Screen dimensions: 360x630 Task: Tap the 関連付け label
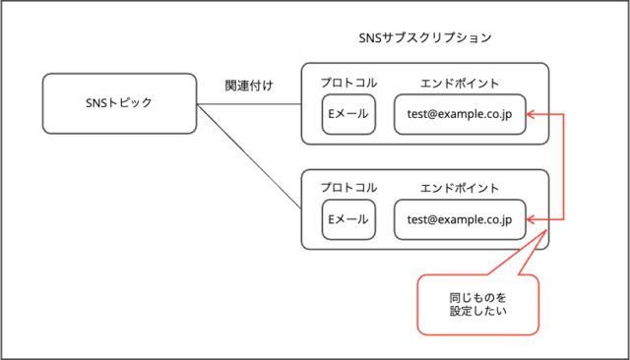point(248,86)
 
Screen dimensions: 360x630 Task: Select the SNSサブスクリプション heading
point(425,37)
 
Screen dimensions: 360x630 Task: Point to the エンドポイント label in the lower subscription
point(459,188)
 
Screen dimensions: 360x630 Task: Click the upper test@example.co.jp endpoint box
point(460,115)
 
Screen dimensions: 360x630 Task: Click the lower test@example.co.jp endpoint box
point(460,219)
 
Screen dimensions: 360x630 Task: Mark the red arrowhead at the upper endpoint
point(531,115)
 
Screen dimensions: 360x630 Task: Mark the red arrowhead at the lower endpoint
point(531,219)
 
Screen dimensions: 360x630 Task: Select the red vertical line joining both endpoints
point(564,167)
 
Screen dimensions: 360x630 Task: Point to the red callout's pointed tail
point(543,235)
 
